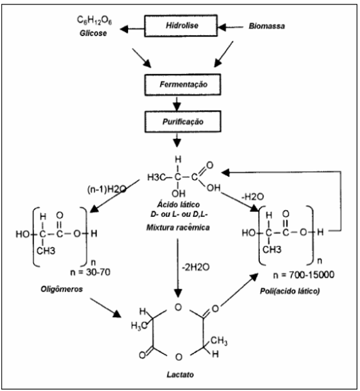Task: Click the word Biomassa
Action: [x=267, y=26]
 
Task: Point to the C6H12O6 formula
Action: [x=94, y=20]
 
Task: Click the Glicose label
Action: [x=93, y=33]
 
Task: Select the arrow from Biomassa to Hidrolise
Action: [x=231, y=26]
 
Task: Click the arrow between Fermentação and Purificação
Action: [x=177, y=103]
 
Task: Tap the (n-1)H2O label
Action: [x=107, y=190]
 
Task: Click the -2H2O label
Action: [x=195, y=267]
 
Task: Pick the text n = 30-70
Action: [x=90, y=272]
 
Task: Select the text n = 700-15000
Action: [x=304, y=275]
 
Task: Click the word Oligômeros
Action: [x=62, y=289]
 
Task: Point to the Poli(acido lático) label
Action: [x=290, y=291]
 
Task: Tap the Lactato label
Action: [x=180, y=375]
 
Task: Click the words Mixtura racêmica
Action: [x=178, y=228]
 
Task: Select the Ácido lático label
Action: [x=178, y=204]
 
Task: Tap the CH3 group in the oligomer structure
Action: [x=46, y=250]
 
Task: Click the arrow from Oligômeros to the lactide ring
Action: [x=106, y=308]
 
